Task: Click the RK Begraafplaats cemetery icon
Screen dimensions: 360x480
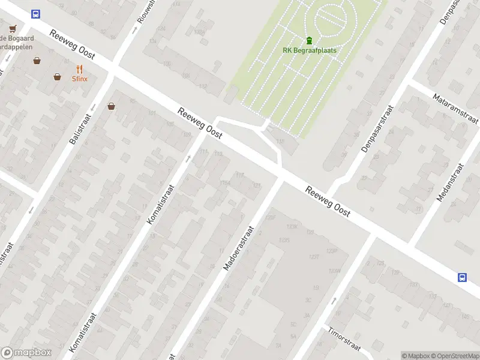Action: coord(309,41)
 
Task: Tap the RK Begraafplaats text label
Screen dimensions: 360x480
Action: coord(309,50)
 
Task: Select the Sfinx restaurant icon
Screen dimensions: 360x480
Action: coord(79,69)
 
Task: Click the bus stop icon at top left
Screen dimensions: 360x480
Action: coord(36,14)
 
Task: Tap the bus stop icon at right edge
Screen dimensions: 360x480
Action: coord(463,277)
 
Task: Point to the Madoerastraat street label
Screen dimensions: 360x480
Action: coord(239,248)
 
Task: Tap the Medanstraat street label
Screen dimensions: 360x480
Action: coord(451,182)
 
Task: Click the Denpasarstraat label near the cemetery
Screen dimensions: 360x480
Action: coord(377,128)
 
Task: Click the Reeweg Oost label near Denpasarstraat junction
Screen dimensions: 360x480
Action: coord(328,202)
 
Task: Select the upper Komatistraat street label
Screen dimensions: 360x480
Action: coord(161,205)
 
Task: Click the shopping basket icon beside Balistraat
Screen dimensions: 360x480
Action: coord(111,107)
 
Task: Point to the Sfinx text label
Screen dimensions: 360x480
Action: coord(80,79)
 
